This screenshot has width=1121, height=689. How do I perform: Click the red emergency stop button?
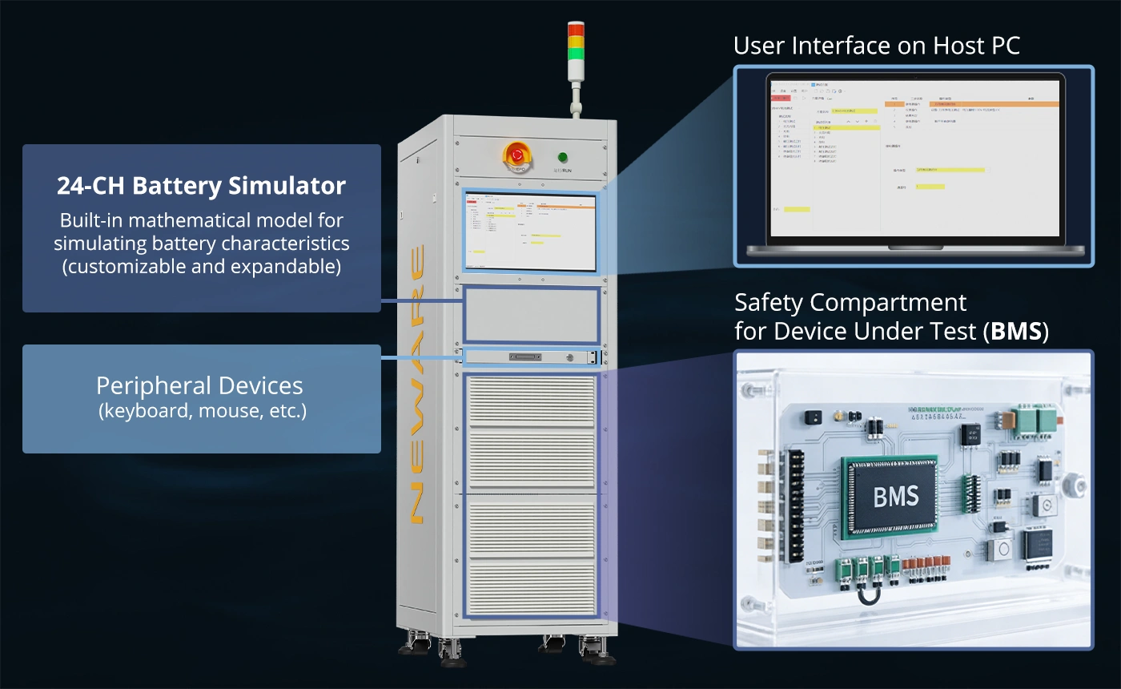click(517, 154)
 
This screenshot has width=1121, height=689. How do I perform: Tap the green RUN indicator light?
click(563, 157)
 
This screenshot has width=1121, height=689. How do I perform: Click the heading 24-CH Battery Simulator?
click(201, 186)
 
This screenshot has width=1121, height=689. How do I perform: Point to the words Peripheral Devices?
click(199, 385)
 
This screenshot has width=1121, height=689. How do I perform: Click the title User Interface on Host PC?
click(877, 46)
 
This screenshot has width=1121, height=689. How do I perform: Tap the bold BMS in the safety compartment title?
click(1016, 331)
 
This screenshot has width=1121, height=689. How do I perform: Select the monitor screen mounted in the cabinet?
click(530, 233)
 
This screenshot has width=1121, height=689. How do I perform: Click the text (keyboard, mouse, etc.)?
click(202, 413)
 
